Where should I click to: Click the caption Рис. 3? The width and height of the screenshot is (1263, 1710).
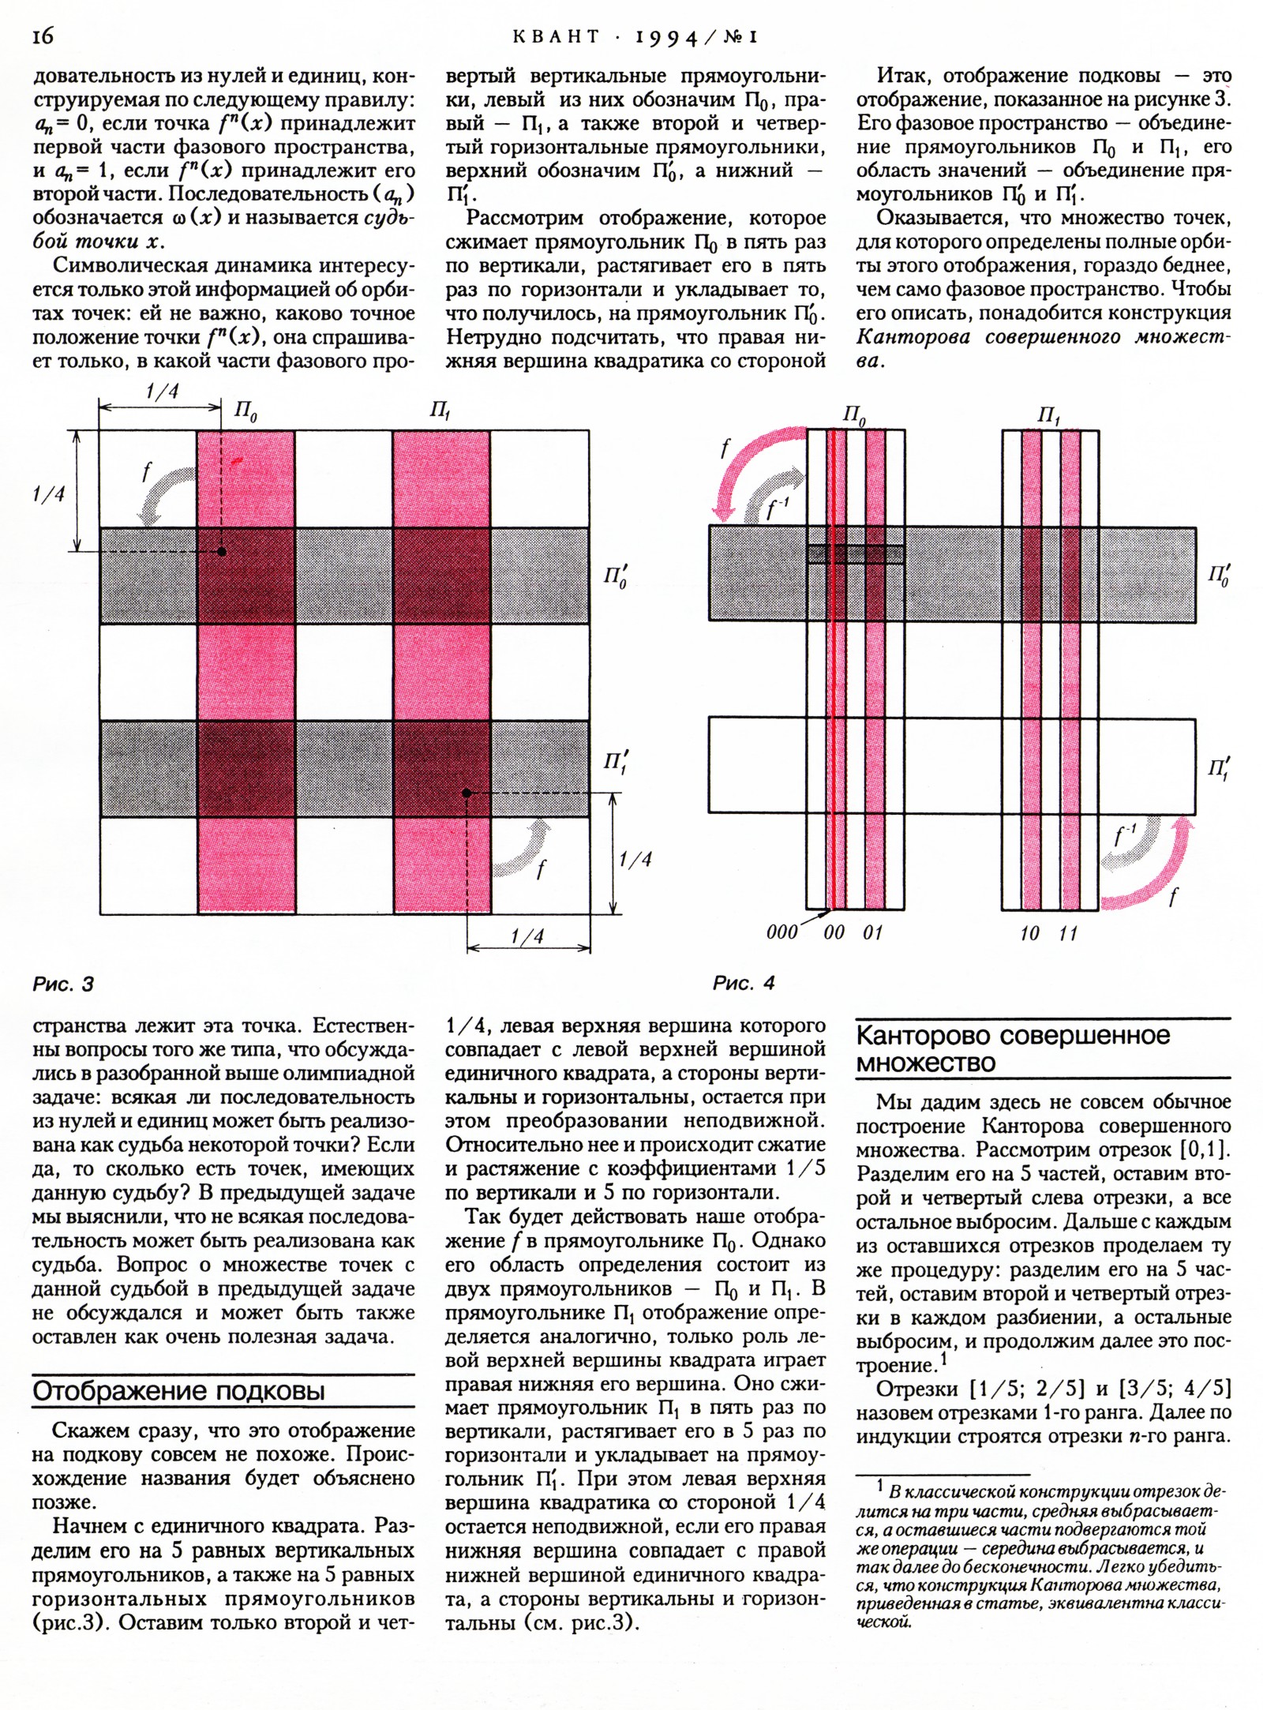pos(63,984)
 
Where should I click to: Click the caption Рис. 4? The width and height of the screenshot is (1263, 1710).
pos(743,984)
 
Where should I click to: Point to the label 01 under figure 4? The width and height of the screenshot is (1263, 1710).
pos(872,933)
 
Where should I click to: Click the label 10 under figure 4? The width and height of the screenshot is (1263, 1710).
pos(1029,934)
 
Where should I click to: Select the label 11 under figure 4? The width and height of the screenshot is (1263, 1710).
pos(1069,934)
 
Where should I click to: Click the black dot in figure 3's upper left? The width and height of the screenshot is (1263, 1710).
pos(223,552)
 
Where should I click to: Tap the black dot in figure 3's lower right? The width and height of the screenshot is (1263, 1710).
pos(467,792)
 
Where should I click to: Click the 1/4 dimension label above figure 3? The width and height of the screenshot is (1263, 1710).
pos(161,392)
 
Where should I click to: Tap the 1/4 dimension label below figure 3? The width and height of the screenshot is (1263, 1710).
pos(527,937)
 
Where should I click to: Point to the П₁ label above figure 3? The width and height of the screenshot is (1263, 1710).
pos(440,411)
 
